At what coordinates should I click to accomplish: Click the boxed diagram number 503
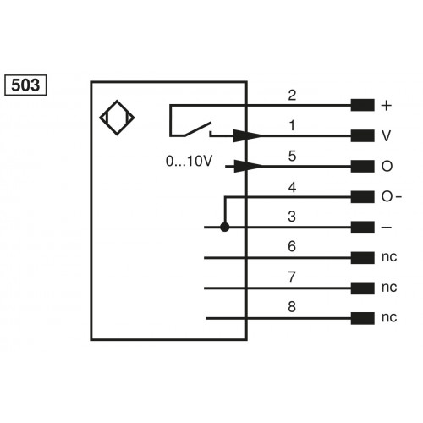coord(26,85)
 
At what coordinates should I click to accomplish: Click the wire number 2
coord(292,95)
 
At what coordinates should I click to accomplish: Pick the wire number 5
coord(292,156)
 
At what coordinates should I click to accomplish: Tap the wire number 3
coord(292,217)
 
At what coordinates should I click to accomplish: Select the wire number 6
coord(292,247)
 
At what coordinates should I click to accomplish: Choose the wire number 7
coord(292,277)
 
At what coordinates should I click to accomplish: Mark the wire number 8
coord(292,308)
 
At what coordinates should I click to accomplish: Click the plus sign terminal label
coord(387,106)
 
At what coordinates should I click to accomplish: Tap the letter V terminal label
coord(387,136)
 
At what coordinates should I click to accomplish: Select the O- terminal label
coord(392,197)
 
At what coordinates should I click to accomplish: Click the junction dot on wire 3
coord(224,228)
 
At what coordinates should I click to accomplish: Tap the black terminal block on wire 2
coord(362,106)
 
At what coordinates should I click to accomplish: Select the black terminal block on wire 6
coord(362,258)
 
